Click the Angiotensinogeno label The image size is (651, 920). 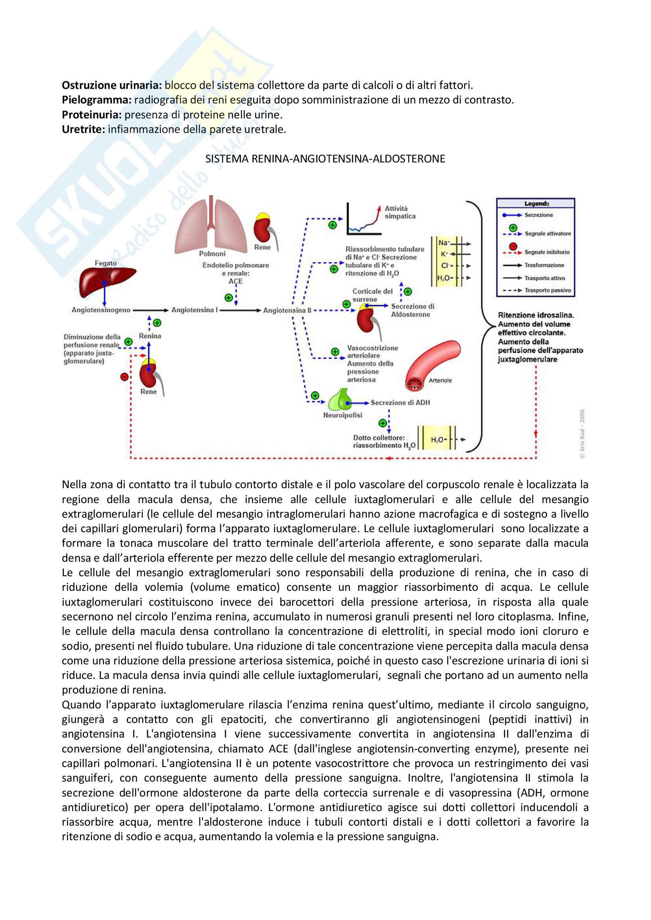[x=101, y=310]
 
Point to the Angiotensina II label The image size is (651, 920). [x=287, y=310]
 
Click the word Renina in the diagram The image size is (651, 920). [x=150, y=336]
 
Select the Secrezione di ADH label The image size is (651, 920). [x=400, y=402]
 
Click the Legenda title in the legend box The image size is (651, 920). [x=536, y=204]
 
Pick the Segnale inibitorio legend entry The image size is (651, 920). [x=547, y=252]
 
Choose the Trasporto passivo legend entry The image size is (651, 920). [x=547, y=290]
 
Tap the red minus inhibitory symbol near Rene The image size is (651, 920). [x=124, y=377]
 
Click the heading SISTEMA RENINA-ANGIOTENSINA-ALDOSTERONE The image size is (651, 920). [x=325, y=159]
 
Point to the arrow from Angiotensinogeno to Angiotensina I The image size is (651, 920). [x=151, y=310]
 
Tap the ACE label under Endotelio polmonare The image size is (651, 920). [x=236, y=281]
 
